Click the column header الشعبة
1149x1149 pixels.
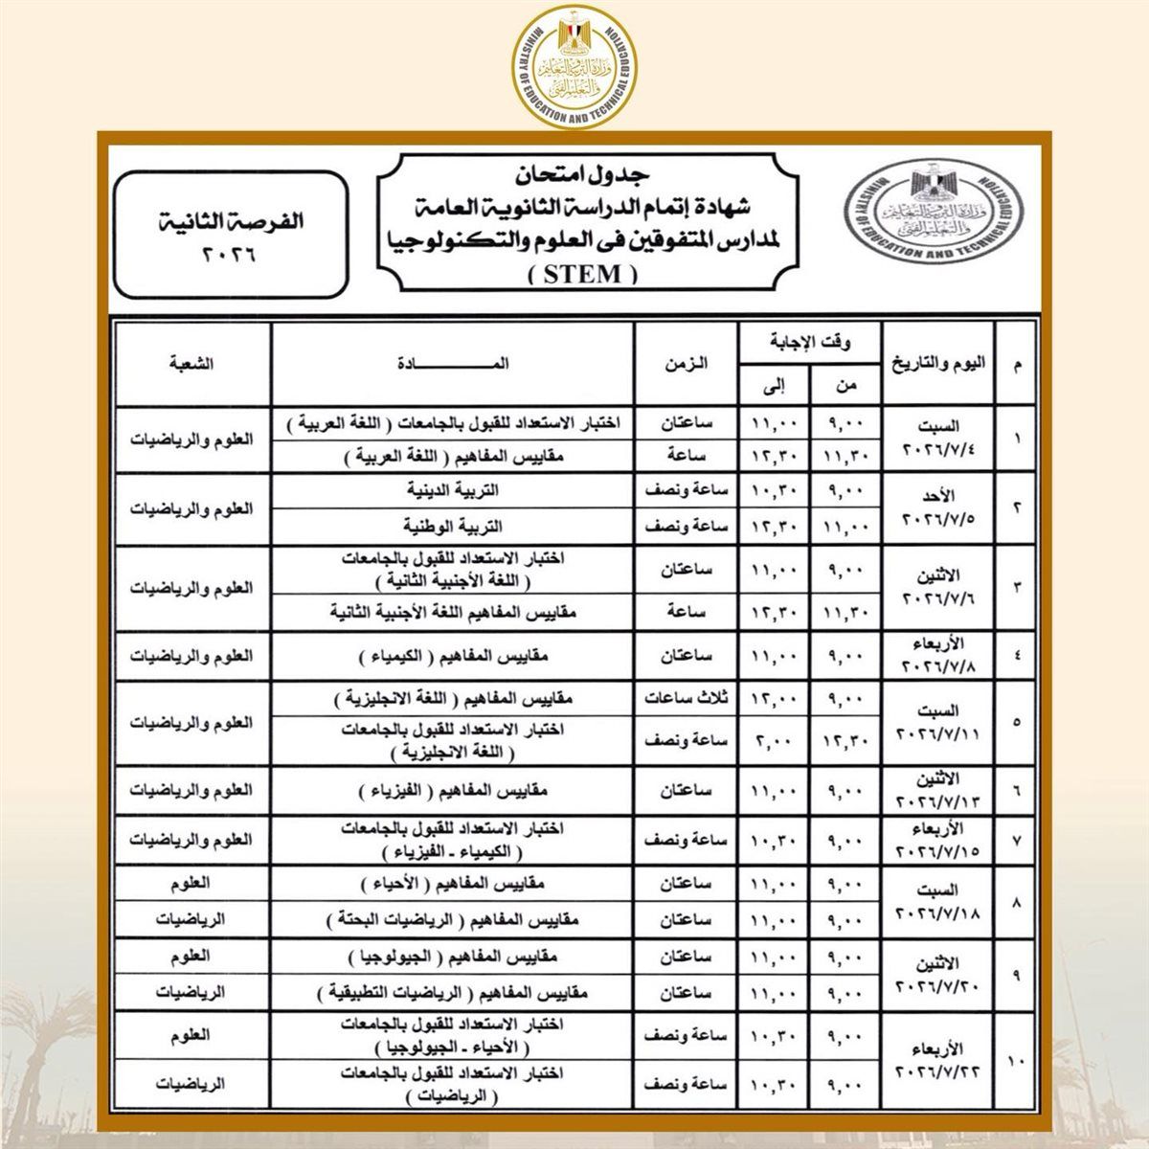[x=191, y=364]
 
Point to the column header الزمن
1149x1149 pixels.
[x=685, y=364]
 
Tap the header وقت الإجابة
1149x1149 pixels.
[x=810, y=342]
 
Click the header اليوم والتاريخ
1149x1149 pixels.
[x=939, y=364]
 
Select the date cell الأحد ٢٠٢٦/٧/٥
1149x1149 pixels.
[x=939, y=509]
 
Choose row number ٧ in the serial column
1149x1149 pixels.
[x=1016, y=840]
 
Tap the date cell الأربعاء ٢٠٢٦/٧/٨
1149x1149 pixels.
[x=939, y=656]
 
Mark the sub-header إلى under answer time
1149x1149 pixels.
[x=775, y=386]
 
